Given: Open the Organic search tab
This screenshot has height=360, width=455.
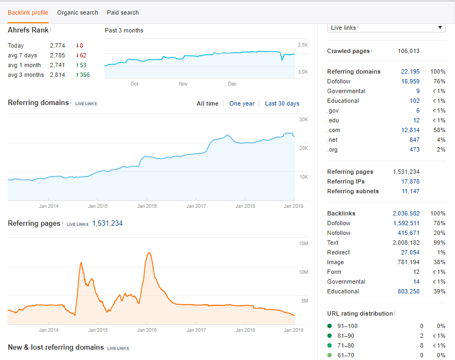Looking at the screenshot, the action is (77, 12).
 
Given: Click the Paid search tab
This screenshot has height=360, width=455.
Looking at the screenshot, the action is (123, 12).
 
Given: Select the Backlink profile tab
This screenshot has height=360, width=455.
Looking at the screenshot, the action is (28, 12).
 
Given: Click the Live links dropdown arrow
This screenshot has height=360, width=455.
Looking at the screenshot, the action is (440, 27).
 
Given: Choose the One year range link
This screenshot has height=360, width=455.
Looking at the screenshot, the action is (242, 103).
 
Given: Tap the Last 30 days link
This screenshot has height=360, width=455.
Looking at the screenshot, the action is (282, 103).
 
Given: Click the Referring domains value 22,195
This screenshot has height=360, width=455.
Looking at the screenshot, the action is (410, 71).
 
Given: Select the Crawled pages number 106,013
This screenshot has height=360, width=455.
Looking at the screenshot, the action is (408, 51).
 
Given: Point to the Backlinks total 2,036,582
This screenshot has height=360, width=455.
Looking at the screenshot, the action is (406, 213).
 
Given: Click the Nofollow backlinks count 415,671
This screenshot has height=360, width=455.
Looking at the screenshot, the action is (408, 233).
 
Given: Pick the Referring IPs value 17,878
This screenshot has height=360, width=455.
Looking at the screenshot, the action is (410, 181).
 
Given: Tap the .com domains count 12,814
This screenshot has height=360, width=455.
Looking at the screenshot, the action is (410, 130).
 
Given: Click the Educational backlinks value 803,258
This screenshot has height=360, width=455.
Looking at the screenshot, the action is (408, 291).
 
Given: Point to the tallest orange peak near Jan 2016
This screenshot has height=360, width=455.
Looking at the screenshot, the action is (149, 253).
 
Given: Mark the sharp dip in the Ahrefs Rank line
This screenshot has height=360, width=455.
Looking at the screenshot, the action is (282, 60).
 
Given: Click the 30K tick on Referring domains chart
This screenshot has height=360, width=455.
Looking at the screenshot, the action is (304, 120).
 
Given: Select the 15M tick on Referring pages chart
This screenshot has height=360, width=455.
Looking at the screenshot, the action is (303, 243).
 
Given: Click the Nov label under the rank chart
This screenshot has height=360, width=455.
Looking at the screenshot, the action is (183, 83).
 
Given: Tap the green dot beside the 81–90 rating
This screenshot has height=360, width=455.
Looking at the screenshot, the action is (329, 336).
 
